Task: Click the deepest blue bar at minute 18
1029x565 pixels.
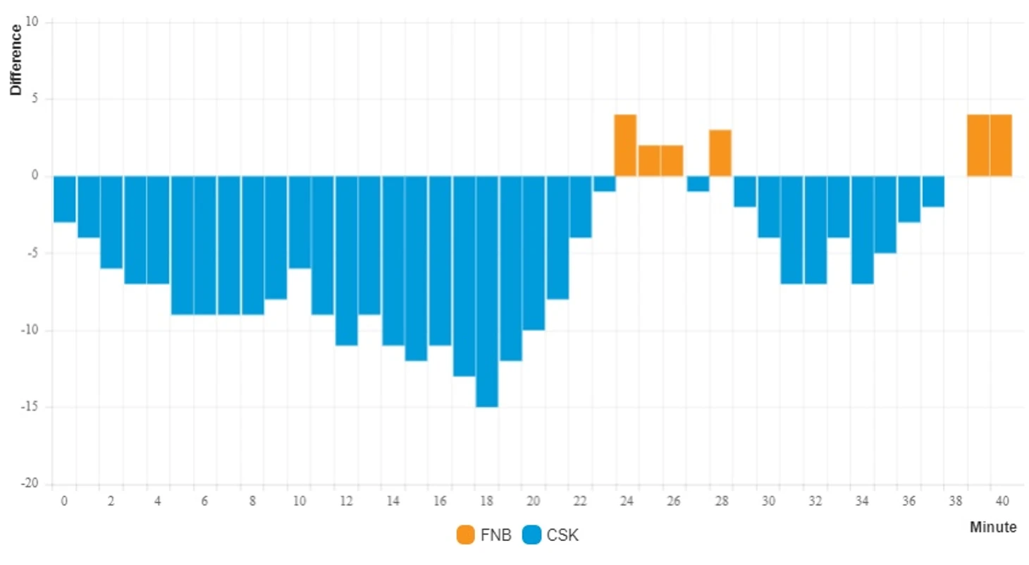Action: point(487,291)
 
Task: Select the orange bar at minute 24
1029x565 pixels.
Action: point(625,145)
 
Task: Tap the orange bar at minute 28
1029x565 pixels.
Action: point(720,153)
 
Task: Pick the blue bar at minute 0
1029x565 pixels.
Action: point(65,199)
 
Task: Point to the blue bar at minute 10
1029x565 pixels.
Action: point(300,222)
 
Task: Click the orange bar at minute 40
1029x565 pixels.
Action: point(1001,145)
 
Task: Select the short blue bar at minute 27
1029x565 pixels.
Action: point(698,183)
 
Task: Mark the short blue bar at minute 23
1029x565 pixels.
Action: point(604,183)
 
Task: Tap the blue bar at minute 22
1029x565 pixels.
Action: point(581,207)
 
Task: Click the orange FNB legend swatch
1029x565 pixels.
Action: point(465,535)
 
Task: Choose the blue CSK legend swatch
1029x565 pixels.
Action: point(531,535)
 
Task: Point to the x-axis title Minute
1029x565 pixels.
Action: point(993,527)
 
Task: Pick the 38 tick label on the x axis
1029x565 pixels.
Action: point(956,501)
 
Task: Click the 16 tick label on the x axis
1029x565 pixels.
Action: point(440,501)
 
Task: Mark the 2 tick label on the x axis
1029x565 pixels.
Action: point(111,501)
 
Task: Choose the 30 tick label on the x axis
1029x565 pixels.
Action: point(768,501)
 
